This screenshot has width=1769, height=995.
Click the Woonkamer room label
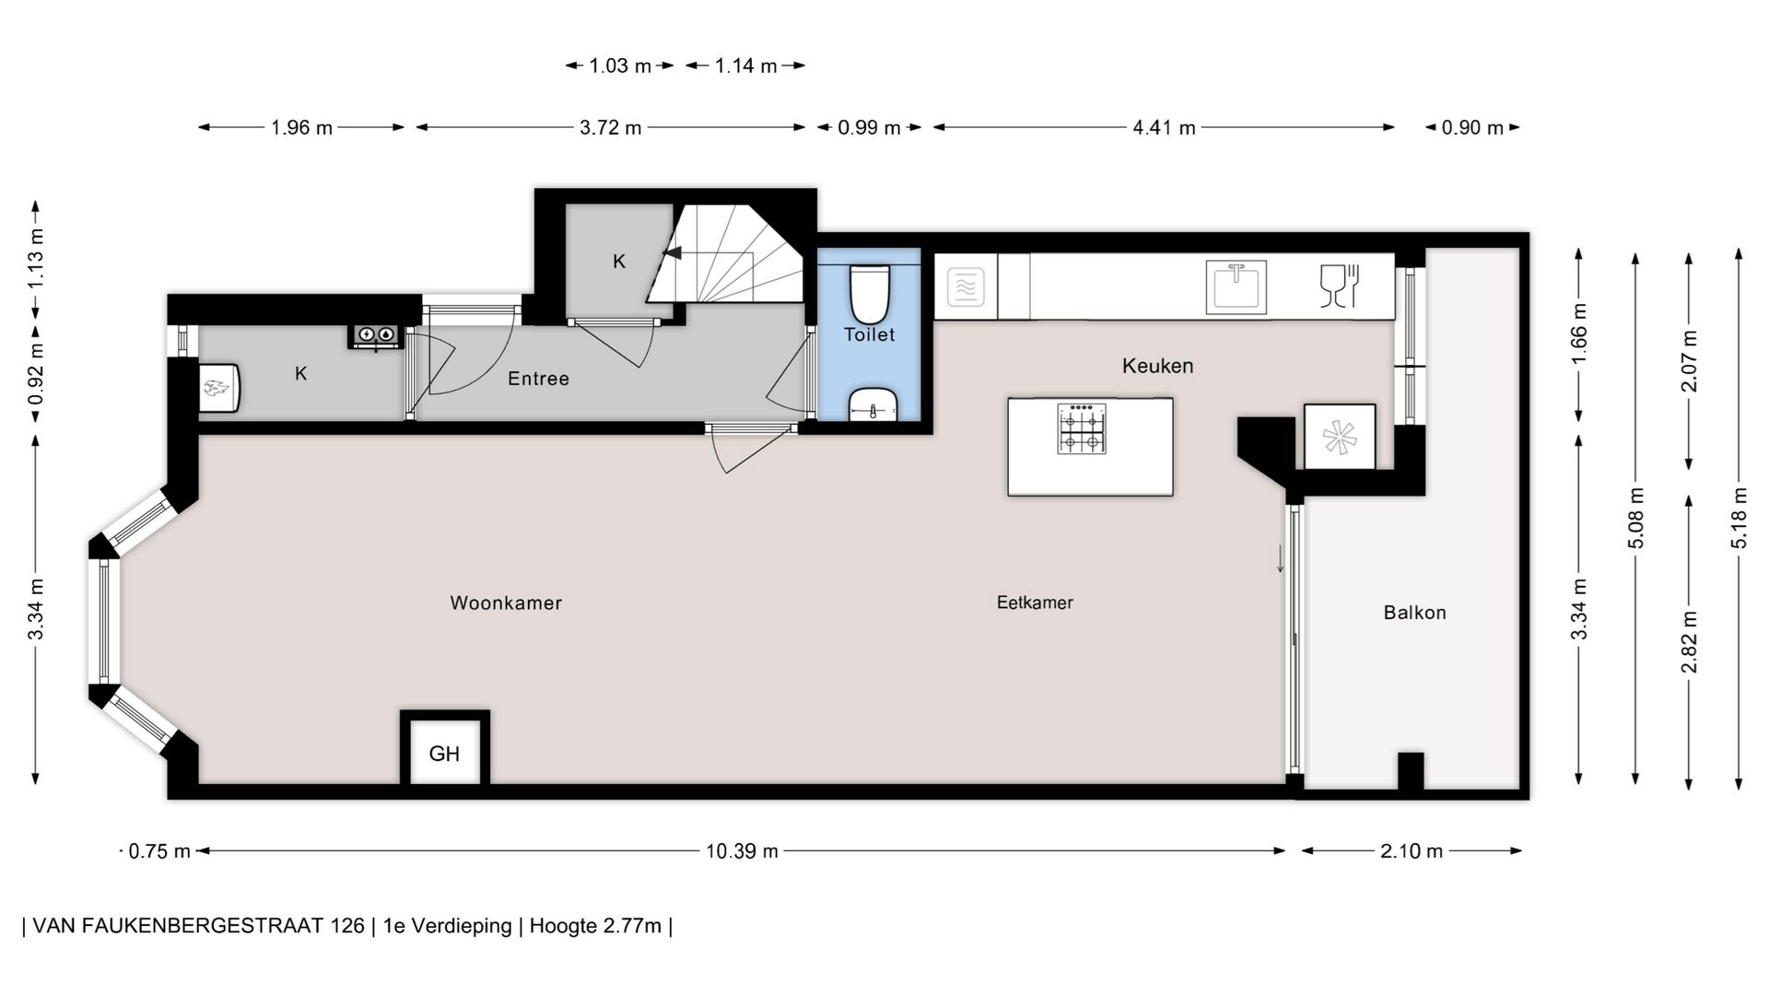pyautogui.click(x=506, y=603)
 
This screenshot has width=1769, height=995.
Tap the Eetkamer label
pyautogui.click(x=1035, y=603)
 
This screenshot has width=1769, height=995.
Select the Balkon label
pyautogui.click(x=1414, y=613)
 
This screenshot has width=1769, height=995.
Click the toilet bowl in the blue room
pyautogui.click(x=869, y=293)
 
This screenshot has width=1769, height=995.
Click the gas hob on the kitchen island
pyautogui.click(x=1082, y=428)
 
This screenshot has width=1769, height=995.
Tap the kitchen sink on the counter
pyautogui.click(x=1236, y=287)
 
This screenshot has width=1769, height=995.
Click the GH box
pyautogui.click(x=444, y=753)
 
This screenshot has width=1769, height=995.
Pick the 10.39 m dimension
pyautogui.click(x=742, y=851)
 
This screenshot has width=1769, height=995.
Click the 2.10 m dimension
pyautogui.click(x=1411, y=851)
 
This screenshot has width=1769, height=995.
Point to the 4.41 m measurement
pyautogui.click(x=1164, y=128)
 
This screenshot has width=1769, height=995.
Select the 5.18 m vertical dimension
pyautogui.click(x=1739, y=518)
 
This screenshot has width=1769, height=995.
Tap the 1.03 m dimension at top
pyautogui.click(x=619, y=66)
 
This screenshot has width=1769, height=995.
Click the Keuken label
pyautogui.click(x=1157, y=366)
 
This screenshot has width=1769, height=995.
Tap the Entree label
pyautogui.click(x=538, y=379)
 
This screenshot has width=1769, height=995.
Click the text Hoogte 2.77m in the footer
pyautogui.click(x=595, y=926)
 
